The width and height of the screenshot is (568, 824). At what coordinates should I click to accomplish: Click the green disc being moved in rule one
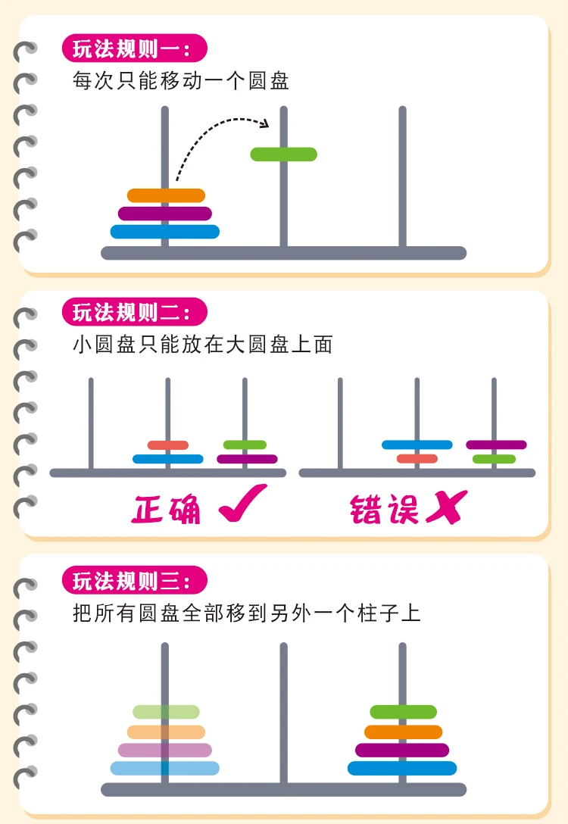(x=284, y=154)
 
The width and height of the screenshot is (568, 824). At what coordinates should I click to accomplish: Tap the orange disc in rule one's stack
(x=166, y=195)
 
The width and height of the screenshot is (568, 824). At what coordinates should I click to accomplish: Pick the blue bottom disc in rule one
(x=165, y=232)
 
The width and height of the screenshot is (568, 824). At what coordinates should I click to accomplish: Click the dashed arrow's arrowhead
(x=265, y=123)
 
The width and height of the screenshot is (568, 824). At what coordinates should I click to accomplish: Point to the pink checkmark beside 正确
(x=242, y=504)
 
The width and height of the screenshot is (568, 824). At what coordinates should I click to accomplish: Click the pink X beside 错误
(x=447, y=507)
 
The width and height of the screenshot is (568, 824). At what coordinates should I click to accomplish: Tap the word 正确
(x=166, y=509)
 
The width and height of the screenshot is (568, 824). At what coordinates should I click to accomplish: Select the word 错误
(x=384, y=509)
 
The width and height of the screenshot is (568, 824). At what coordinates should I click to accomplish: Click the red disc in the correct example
(x=168, y=445)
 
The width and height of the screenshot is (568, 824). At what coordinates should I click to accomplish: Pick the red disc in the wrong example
(x=417, y=459)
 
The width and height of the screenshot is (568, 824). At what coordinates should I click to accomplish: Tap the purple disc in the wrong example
(x=496, y=445)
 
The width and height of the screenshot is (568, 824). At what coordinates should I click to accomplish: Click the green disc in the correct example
(x=245, y=445)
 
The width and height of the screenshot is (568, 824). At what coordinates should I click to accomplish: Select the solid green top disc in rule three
(x=404, y=712)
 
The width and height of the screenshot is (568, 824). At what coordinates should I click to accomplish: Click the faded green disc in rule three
(x=166, y=712)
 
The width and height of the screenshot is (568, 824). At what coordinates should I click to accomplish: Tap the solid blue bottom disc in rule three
(x=402, y=768)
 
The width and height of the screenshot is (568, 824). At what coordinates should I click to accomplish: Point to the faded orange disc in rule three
(x=166, y=732)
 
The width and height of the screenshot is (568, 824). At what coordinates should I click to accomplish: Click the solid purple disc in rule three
(x=402, y=750)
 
